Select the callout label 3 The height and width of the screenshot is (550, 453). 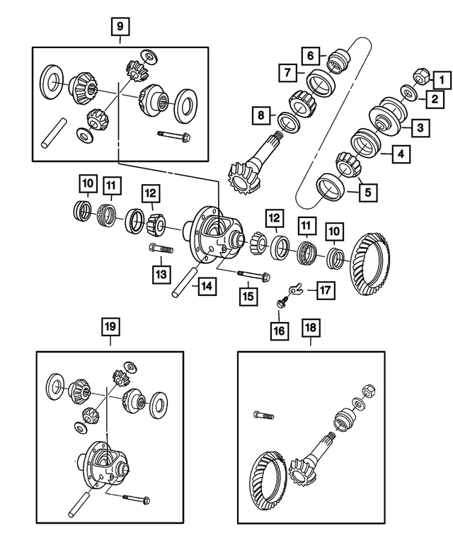(420, 128)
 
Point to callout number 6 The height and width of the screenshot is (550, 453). (309, 54)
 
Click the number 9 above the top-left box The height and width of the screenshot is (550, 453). (120, 27)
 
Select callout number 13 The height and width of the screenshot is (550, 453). (161, 273)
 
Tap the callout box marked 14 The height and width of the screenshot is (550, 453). (205, 287)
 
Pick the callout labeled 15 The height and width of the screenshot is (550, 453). (247, 295)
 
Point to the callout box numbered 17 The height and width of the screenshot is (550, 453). (324, 290)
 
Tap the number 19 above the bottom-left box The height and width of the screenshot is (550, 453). (110, 327)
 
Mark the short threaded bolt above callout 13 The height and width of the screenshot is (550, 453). (161, 250)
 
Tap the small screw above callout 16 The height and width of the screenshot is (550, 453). (282, 303)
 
